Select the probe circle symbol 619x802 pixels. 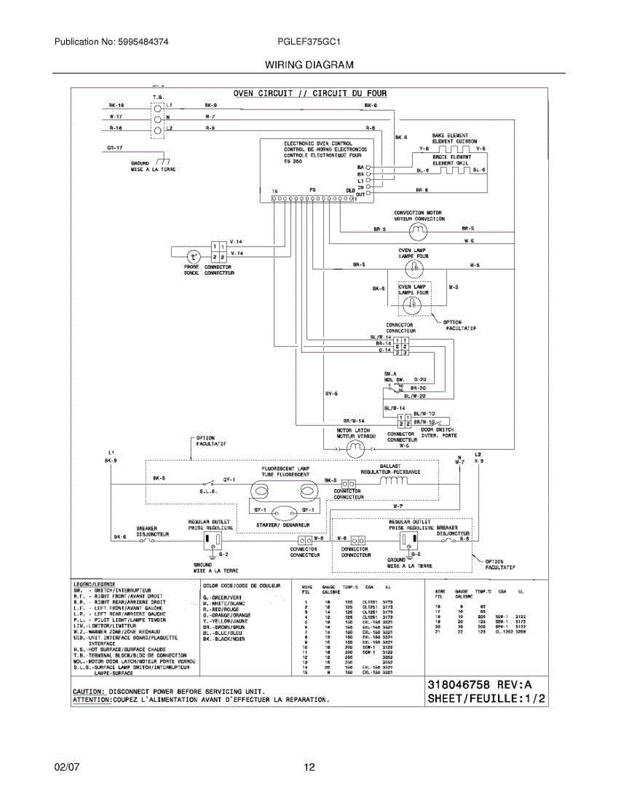click(192, 256)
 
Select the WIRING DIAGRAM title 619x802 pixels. click(309, 65)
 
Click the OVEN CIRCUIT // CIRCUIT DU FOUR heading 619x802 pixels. click(310, 94)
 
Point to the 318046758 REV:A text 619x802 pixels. click(479, 685)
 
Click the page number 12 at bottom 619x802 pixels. click(309, 767)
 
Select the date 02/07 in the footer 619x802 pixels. click(67, 767)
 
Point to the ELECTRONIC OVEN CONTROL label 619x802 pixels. click(318, 143)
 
